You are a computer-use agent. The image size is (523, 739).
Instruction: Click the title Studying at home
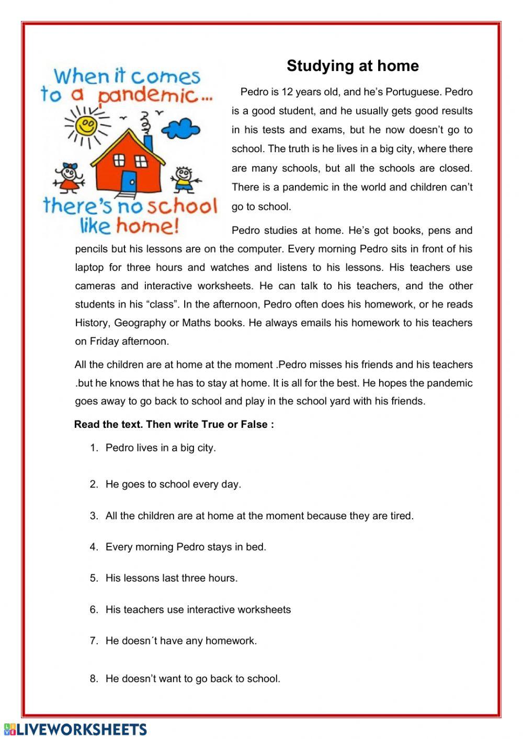[353, 66]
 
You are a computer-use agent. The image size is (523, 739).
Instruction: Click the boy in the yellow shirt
[183, 179]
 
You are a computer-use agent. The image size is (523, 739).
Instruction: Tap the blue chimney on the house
[148, 142]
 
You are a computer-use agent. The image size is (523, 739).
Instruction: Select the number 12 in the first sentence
[287, 92]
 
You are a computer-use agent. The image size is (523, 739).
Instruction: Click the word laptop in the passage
[89, 267]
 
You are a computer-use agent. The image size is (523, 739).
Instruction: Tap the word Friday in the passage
[105, 342]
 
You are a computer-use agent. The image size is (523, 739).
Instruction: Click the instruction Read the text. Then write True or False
[174, 424]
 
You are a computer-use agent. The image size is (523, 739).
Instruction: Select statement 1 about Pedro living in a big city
[161, 448]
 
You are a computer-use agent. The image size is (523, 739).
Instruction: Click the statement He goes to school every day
[173, 484]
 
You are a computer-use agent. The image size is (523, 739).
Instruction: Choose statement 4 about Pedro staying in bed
[186, 547]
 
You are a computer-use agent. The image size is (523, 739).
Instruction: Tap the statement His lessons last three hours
[172, 578]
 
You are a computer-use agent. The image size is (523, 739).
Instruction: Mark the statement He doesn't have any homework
[181, 641]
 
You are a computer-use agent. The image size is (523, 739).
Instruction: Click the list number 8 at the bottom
[94, 679]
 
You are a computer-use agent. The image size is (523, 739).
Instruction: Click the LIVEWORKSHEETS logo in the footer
[75, 729]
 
